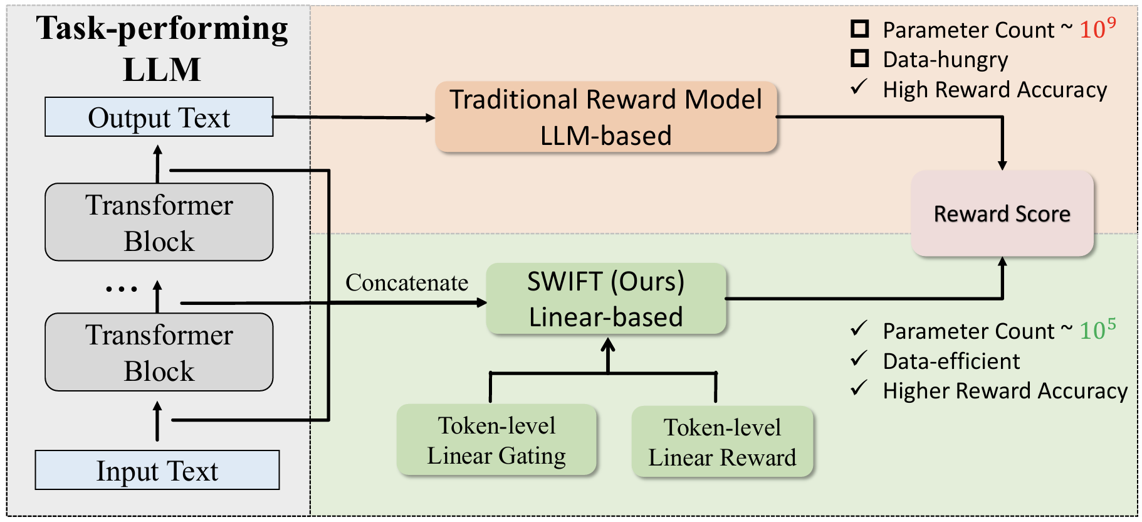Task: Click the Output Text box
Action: [159, 117]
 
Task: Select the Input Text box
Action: [157, 470]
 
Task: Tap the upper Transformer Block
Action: [159, 222]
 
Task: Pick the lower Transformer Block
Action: [159, 352]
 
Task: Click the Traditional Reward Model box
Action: [606, 117]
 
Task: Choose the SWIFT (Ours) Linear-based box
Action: [606, 299]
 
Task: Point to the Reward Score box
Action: [1002, 213]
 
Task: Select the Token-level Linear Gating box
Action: [496, 440]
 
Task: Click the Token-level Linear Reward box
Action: [722, 442]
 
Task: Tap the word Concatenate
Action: [407, 282]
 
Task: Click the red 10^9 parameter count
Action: [1097, 28]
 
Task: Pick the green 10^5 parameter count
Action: [1097, 329]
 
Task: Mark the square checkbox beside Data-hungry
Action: [859, 58]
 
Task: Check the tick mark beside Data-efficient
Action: [859, 360]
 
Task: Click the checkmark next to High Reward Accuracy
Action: [859, 87]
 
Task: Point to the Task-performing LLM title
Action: [162, 48]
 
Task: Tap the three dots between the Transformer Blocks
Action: [121, 289]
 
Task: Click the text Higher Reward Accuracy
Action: [1005, 391]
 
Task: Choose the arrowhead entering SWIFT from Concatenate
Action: [481, 303]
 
